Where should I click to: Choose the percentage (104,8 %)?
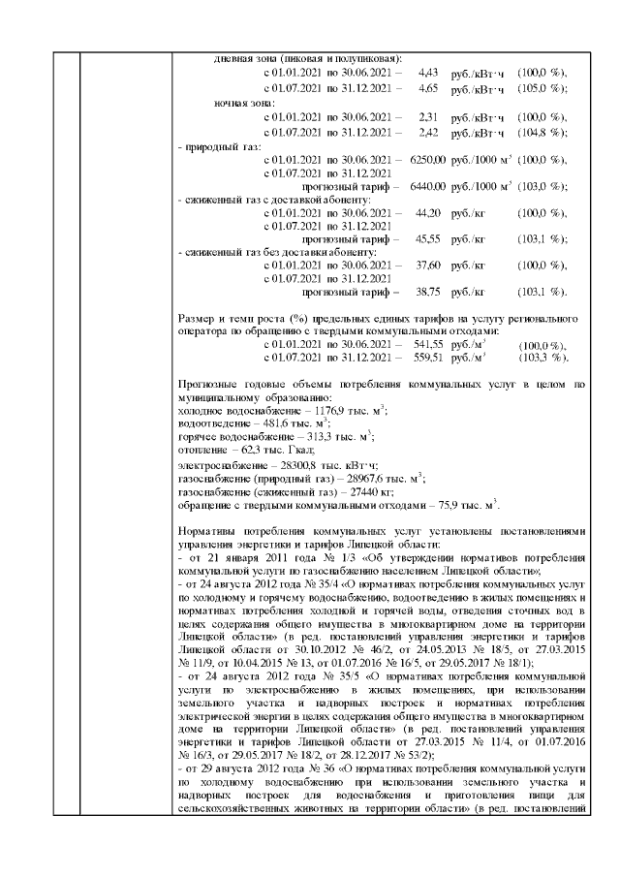coord(542,132)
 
